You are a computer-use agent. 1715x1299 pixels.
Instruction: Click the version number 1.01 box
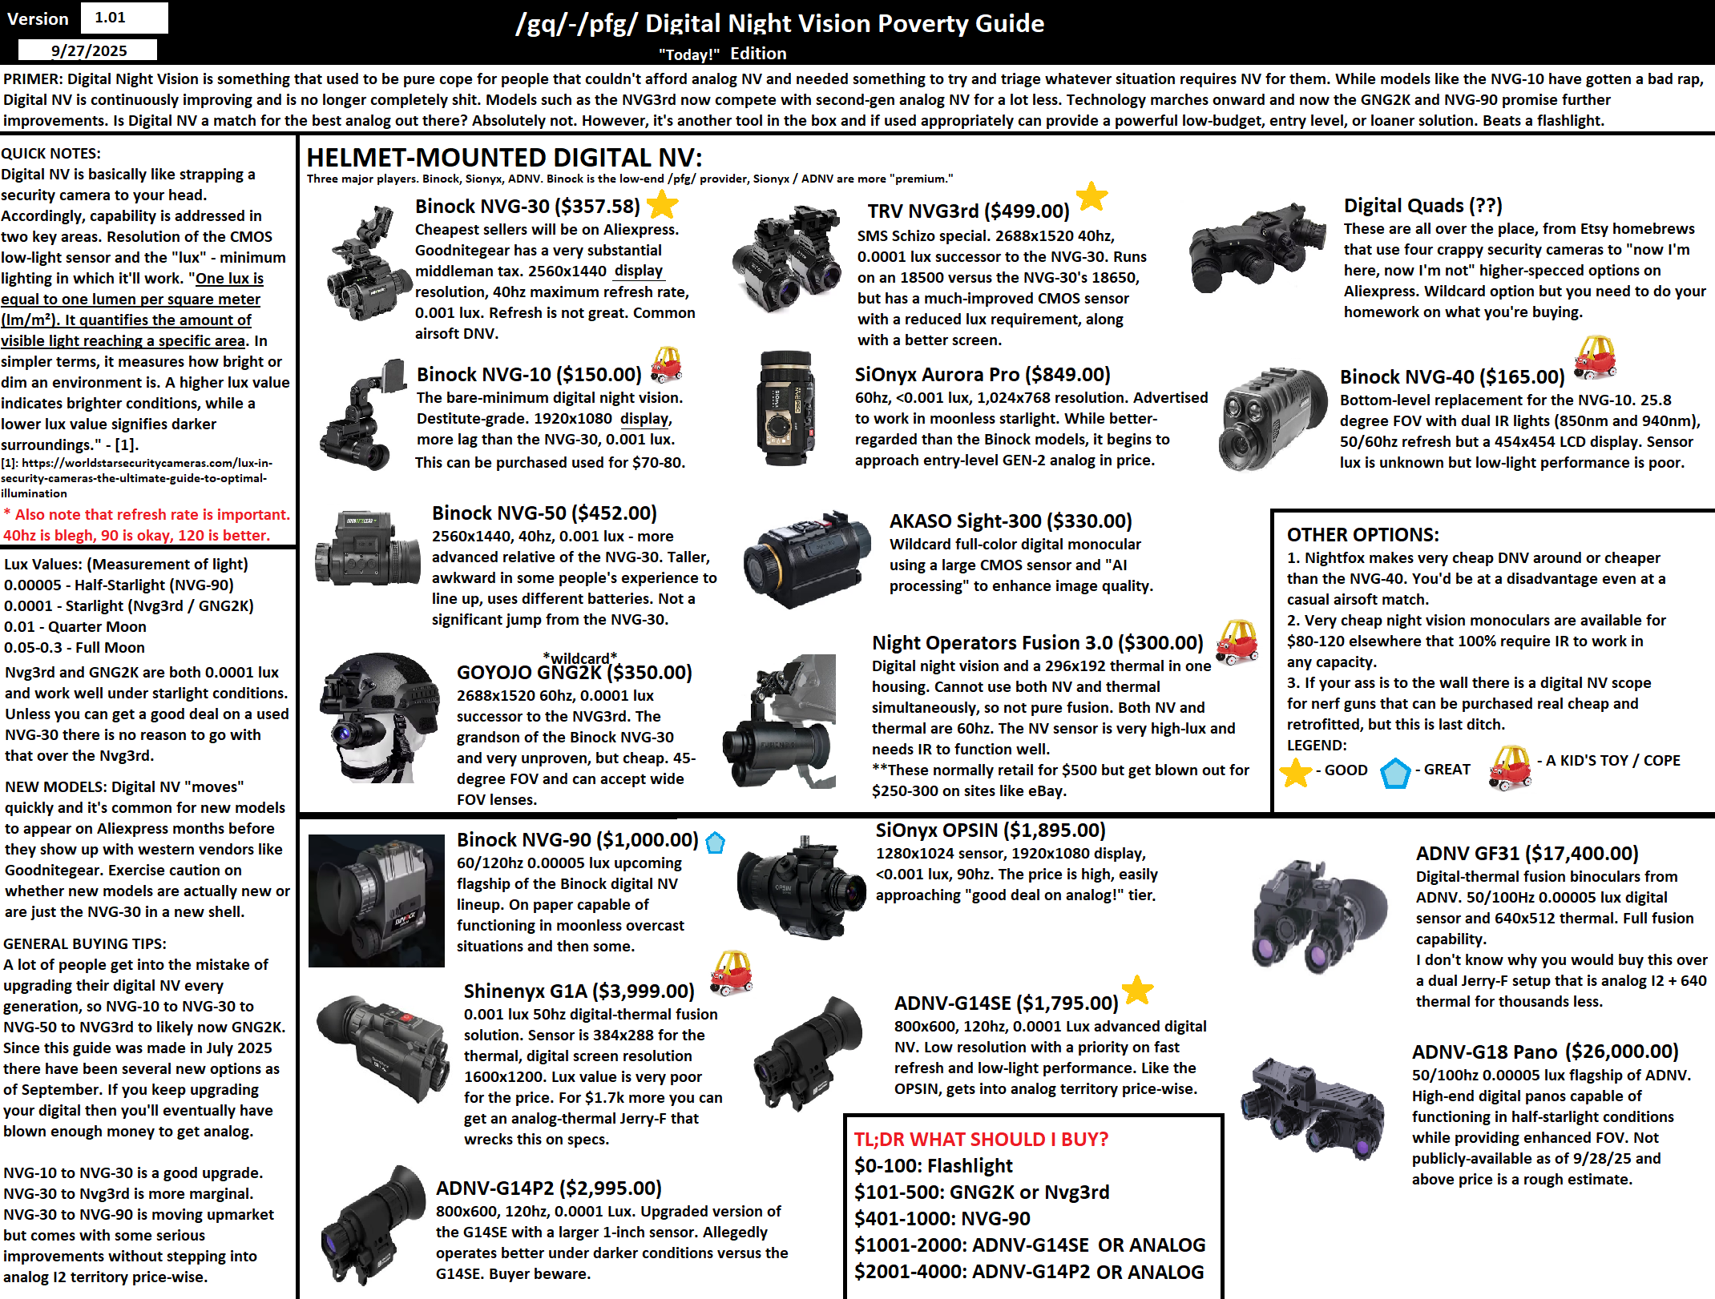[x=124, y=18]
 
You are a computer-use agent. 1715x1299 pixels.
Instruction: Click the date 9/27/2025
[x=88, y=51]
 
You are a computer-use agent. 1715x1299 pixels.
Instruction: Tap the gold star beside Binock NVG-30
[x=662, y=205]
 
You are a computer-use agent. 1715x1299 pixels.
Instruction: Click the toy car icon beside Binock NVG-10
[x=666, y=364]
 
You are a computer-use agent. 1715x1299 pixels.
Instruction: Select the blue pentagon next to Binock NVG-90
[x=715, y=842]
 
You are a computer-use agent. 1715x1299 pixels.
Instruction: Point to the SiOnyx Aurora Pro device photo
[x=785, y=408]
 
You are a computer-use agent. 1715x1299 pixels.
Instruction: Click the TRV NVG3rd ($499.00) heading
[x=968, y=211]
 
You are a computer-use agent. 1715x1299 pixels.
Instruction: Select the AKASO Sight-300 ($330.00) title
[x=1010, y=521]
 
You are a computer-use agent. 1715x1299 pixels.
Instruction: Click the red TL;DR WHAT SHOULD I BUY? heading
[x=981, y=1139]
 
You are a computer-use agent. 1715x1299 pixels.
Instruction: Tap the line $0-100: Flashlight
[x=933, y=1166]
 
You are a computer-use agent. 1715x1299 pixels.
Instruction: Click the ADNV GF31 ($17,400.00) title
[x=1527, y=854]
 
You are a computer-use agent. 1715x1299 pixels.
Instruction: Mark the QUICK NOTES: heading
[x=51, y=154]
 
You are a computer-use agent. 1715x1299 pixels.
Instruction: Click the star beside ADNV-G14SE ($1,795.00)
[x=1137, y=991]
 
